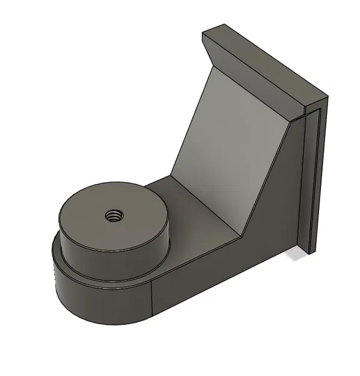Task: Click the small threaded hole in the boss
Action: (x=112, y=215)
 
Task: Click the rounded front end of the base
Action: (x=90, y=301)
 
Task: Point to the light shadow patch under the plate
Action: (x=296, y=255)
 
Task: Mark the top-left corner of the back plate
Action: (x=204, y=34)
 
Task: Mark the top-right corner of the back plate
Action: (x=329, y=96)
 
